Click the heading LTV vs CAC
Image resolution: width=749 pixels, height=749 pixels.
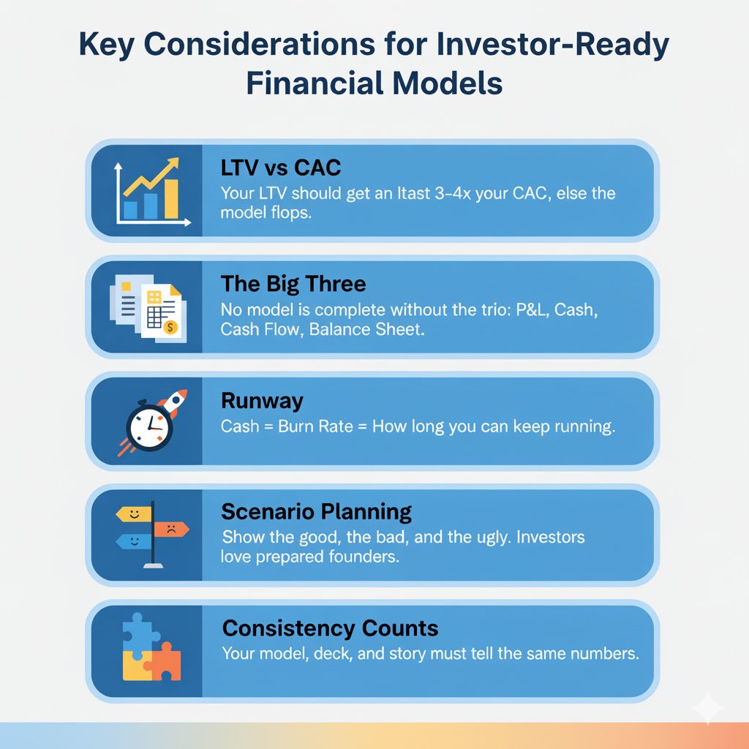281,168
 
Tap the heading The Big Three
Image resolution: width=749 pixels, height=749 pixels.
293,284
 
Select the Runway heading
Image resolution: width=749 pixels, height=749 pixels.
262,401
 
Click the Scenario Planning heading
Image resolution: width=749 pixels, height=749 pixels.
316,512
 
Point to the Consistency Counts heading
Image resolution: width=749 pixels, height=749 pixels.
330,628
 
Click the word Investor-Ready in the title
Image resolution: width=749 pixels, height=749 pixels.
553,45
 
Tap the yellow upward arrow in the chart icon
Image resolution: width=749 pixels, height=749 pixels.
151,177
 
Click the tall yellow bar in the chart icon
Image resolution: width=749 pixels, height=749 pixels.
171,199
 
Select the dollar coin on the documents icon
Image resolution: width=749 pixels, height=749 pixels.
170,327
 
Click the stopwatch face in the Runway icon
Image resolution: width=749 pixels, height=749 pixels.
149,425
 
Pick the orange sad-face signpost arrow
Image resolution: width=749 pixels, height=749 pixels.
171,529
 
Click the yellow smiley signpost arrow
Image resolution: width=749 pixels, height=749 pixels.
134,514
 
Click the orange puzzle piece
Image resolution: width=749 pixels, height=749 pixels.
163,661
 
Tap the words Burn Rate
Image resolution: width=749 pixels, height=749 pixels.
315,426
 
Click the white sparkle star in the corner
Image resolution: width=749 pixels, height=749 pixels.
708,708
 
